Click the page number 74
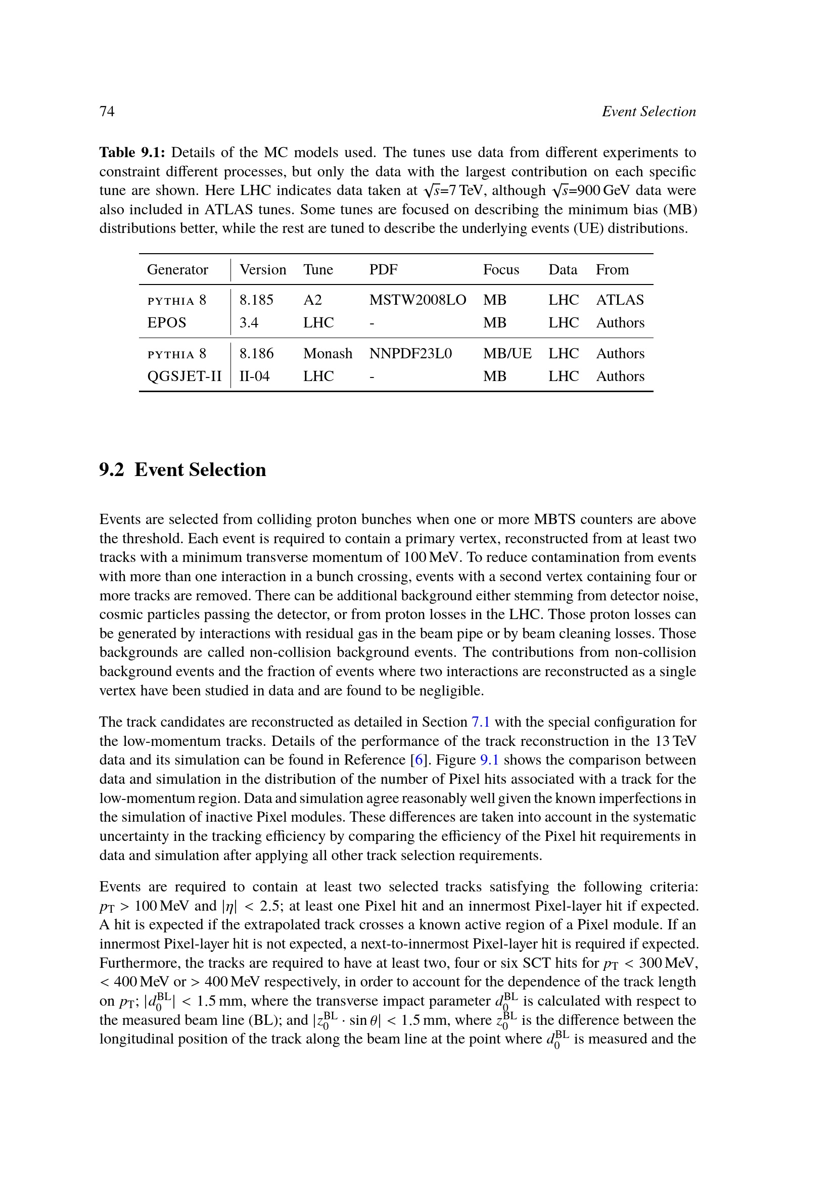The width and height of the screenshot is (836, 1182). [107, 112]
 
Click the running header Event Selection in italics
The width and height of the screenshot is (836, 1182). [648, 112]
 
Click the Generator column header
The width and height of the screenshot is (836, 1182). [177, 270]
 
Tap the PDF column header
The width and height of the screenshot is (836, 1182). [383, 270]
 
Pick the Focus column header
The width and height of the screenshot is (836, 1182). [501, 270]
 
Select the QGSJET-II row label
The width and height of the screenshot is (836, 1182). [184, 376]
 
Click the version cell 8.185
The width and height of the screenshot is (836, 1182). [256, 300]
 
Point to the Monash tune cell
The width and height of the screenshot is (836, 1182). [328, 354]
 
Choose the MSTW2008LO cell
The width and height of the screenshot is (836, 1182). [417, 300]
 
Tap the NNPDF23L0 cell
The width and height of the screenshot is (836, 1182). [410, 354]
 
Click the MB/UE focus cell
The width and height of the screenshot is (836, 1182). [507, 354]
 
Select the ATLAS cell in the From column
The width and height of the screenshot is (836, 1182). [620, 300]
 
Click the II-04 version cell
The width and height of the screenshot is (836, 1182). [254, 376]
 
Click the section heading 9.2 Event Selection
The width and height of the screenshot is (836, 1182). [183, 470]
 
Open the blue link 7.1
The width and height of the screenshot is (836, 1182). [480, 722]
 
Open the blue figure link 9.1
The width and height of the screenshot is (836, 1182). [489, 761]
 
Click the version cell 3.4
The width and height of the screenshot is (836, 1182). [249, 323]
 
